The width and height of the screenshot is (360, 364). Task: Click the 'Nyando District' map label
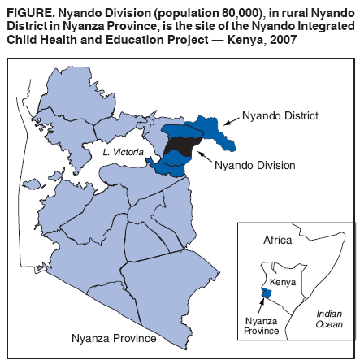tap(280, 116)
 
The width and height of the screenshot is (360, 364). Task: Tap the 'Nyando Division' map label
tap(255, 165)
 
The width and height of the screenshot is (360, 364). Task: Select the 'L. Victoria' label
tap(124, 152)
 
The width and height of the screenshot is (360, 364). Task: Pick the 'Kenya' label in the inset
tap(282, 282)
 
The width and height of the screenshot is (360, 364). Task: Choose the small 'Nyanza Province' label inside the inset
tap(262, 326)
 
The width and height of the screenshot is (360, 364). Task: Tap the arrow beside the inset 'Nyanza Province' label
tap(261, 305)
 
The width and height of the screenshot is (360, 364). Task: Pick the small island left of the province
tap(32, 184)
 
